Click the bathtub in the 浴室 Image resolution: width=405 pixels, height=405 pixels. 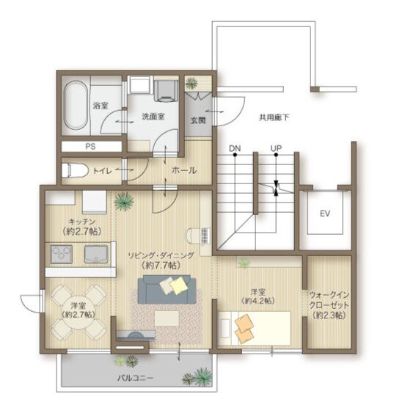tap(76, 106)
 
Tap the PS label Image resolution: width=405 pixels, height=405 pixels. tap(90, 147)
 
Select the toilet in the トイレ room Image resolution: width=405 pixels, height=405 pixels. tap(74, 170)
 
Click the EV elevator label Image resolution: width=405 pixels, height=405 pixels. tap(325, 214)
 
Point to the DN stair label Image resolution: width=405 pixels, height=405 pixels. tap(235, 148)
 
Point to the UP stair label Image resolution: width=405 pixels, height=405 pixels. tap(276, 148)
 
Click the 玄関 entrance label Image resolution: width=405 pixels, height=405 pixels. tap(198, 120)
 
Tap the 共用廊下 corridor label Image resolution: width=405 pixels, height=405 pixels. tap(274, 117)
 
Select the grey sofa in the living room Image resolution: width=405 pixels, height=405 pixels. tap(167, 289)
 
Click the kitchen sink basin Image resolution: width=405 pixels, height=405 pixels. tap(96, 255)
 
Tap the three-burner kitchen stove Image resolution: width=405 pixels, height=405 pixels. tap(62, 255)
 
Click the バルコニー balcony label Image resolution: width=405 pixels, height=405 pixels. tap(136, 378)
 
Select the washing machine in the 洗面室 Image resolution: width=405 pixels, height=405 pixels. tap(166, 90)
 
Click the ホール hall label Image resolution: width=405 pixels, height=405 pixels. tap(184, 170)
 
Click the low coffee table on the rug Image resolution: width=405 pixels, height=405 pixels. tap(167, 318)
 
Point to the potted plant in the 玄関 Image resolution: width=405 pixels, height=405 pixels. tap(191, 84)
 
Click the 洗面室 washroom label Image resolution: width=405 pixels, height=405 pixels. tap(153, 117)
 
